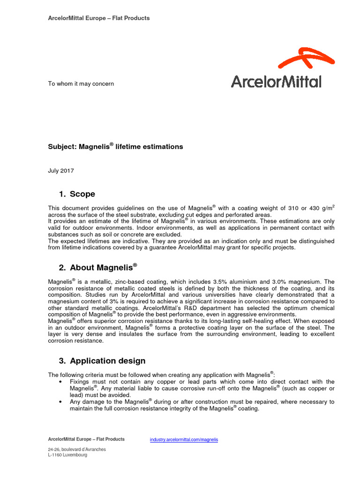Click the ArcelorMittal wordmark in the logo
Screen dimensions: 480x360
coord(276,82)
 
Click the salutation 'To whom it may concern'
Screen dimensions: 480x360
coord(81,84)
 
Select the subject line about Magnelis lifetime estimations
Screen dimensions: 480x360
coord(115,147)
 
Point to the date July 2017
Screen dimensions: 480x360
coord(61,171)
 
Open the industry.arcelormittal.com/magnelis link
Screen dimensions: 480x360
coord(184,440)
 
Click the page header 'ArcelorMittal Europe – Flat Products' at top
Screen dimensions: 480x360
coord(99,18)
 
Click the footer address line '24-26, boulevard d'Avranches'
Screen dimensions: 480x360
coord(77,449)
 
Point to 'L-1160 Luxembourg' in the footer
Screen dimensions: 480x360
coord(67,455)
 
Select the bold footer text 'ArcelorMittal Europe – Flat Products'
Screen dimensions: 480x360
coord(86,439)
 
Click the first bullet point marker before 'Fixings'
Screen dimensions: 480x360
coord(61,382)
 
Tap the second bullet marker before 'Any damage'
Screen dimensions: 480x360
coord(61,402)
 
